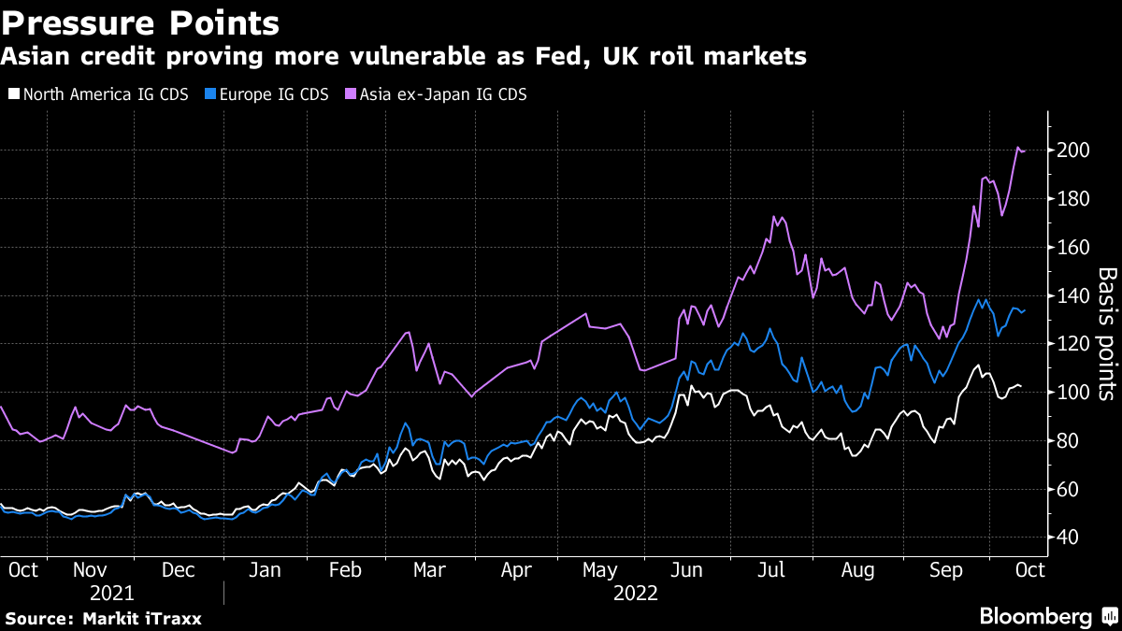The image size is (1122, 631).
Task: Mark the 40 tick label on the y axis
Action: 1069,538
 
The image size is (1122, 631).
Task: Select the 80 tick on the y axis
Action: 1069,441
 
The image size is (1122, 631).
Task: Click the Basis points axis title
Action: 1107,334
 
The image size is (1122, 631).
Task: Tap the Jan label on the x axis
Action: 266,569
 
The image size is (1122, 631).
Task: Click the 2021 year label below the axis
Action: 112,593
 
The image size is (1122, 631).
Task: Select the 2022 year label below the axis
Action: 636,593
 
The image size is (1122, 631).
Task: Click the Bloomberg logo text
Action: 1035,616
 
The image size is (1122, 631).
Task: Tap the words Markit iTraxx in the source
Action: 142,618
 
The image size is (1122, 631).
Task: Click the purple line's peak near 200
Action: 1018,147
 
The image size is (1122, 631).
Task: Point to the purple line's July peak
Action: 774,217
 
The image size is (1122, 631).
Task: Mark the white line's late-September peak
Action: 977,366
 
